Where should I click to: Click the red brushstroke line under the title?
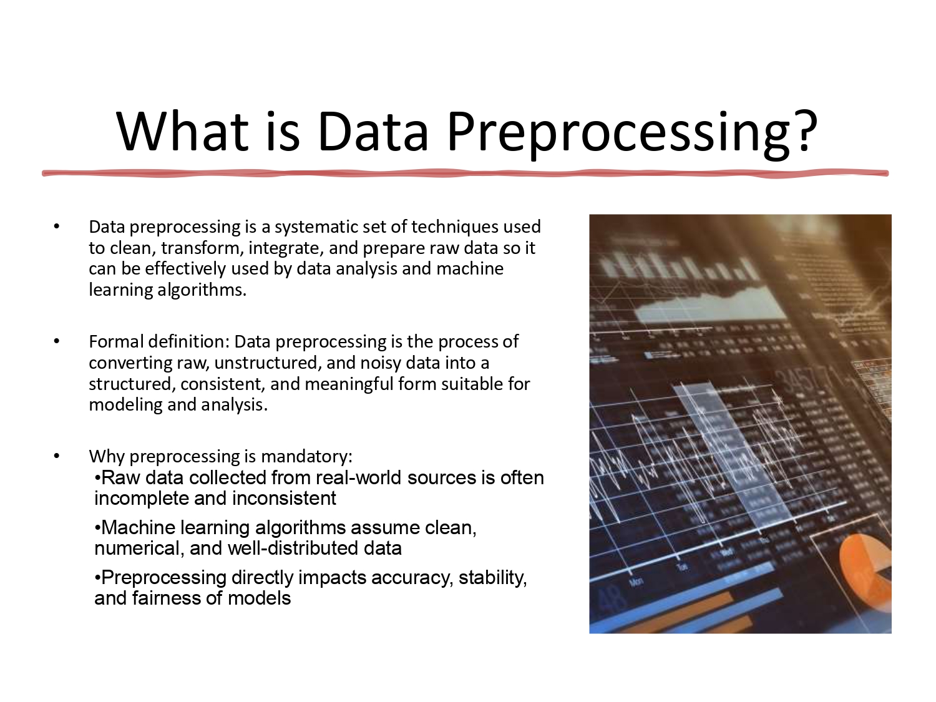[465, 173]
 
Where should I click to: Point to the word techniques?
[455, 227]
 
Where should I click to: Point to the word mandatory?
[305, 456]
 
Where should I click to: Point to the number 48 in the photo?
[612, 600]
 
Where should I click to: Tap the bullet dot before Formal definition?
[57, 341]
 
